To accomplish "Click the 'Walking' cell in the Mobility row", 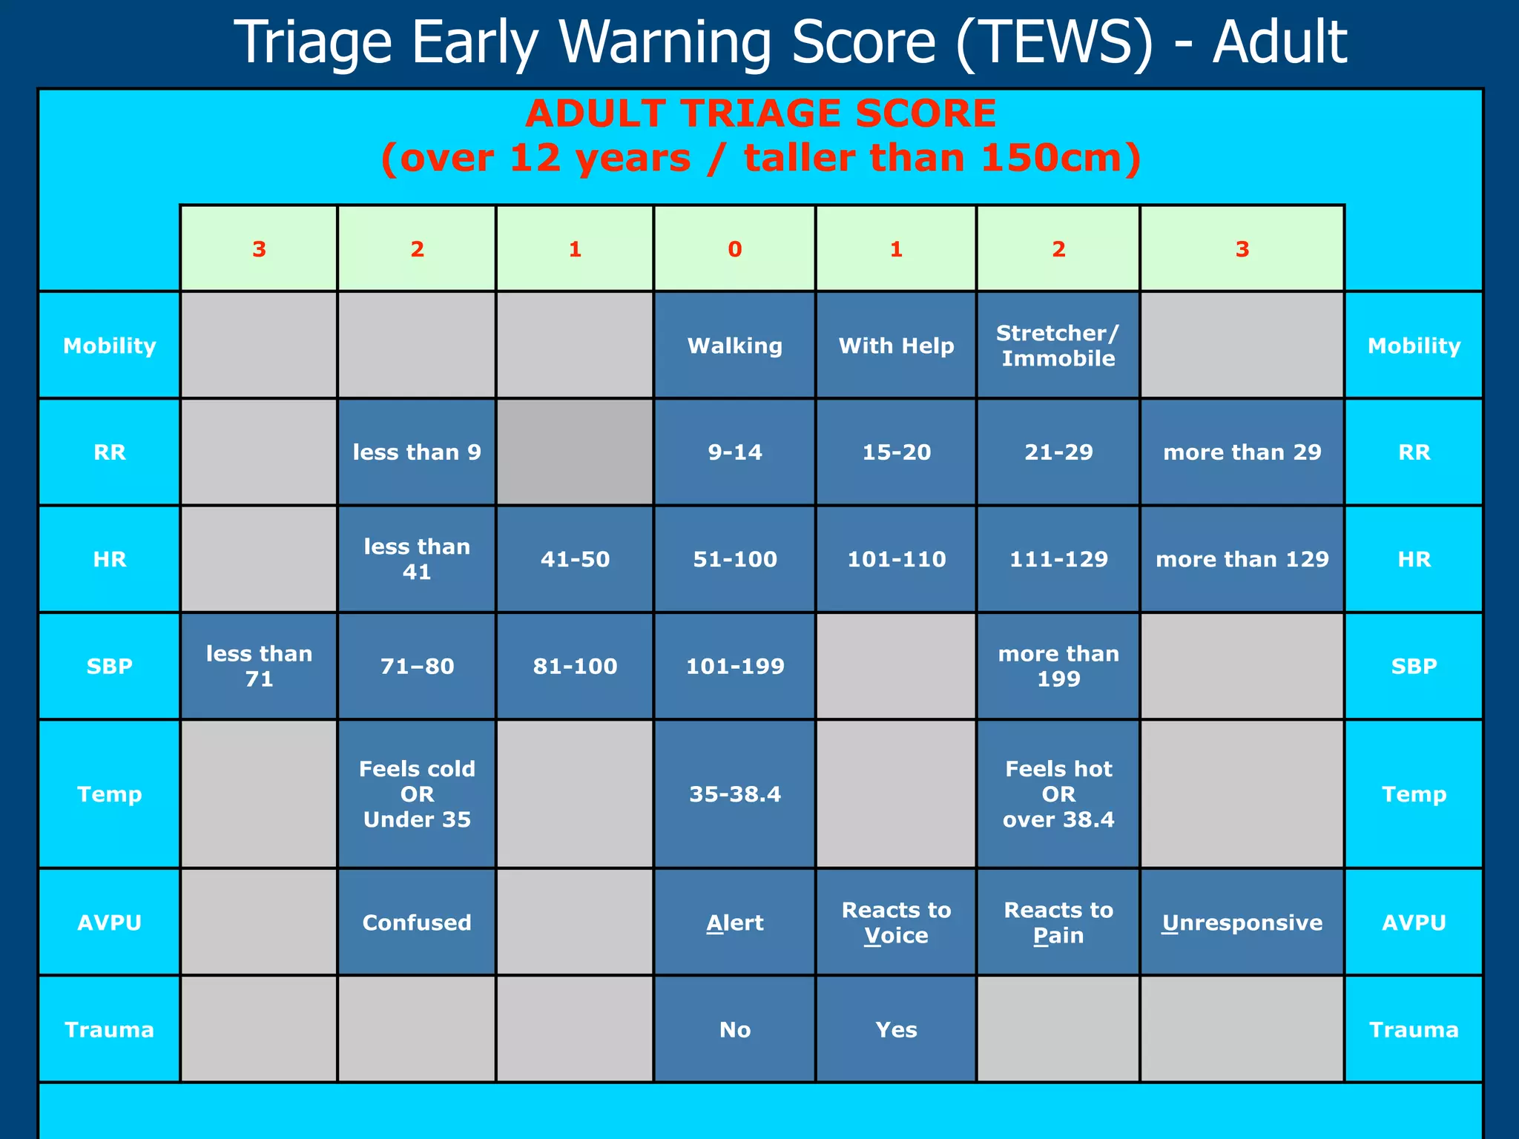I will click(734, 346).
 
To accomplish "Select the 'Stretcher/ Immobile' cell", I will click(1058, 346).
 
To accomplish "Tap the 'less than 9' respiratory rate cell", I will click(417, 452).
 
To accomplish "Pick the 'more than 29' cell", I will click(1242, 452).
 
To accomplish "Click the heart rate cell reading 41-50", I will click(575, 559).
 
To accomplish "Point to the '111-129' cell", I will click(1058, 559).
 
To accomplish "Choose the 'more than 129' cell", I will click(1242, 559).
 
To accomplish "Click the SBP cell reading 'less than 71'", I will click(259, 666).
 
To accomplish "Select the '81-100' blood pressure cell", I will click(575, 666).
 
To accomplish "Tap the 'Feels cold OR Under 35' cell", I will click(417, 794).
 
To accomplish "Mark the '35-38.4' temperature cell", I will click(734, 794).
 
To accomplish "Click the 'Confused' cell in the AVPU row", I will click(417, 922).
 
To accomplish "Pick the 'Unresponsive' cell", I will click(1242, 922).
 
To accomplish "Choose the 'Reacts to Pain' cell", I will click(1058, 922).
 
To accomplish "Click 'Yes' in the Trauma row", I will click(896, 1029).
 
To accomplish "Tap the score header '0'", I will click(734, 249).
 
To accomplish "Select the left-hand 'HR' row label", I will click(110, 559).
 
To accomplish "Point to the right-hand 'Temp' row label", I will click(1414, 794).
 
